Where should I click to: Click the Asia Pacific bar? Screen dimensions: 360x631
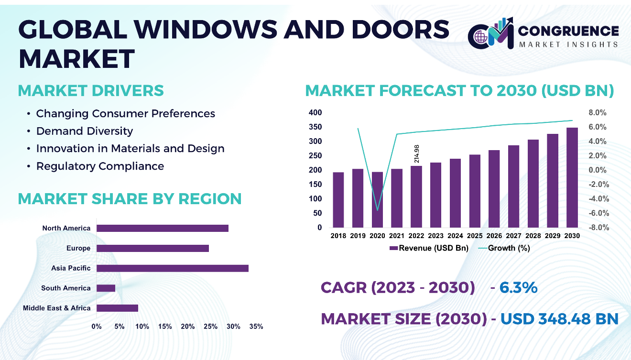(x=173, y=268)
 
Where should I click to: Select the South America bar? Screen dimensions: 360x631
(x=106, y=288)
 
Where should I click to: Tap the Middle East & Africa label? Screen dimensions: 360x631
(x=57, y=308)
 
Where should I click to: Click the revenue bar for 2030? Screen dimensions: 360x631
(x=572, y=177)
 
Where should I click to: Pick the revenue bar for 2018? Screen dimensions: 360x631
(x=338, y=200)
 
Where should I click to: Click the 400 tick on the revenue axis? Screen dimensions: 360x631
(x=316, y=113)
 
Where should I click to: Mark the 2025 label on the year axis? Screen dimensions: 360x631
(x=475, y=236)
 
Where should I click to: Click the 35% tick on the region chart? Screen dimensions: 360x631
(x=256, y=327)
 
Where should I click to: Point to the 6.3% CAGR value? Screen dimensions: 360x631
(x=519, y=288)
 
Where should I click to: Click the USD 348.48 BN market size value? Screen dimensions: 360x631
(x=559, y=318)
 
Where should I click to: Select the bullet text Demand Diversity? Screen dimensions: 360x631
(x=85, y=131)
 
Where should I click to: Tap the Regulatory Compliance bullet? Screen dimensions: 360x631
(x=100, y=166)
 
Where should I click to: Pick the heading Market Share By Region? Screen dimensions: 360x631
(x=130, y=199)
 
